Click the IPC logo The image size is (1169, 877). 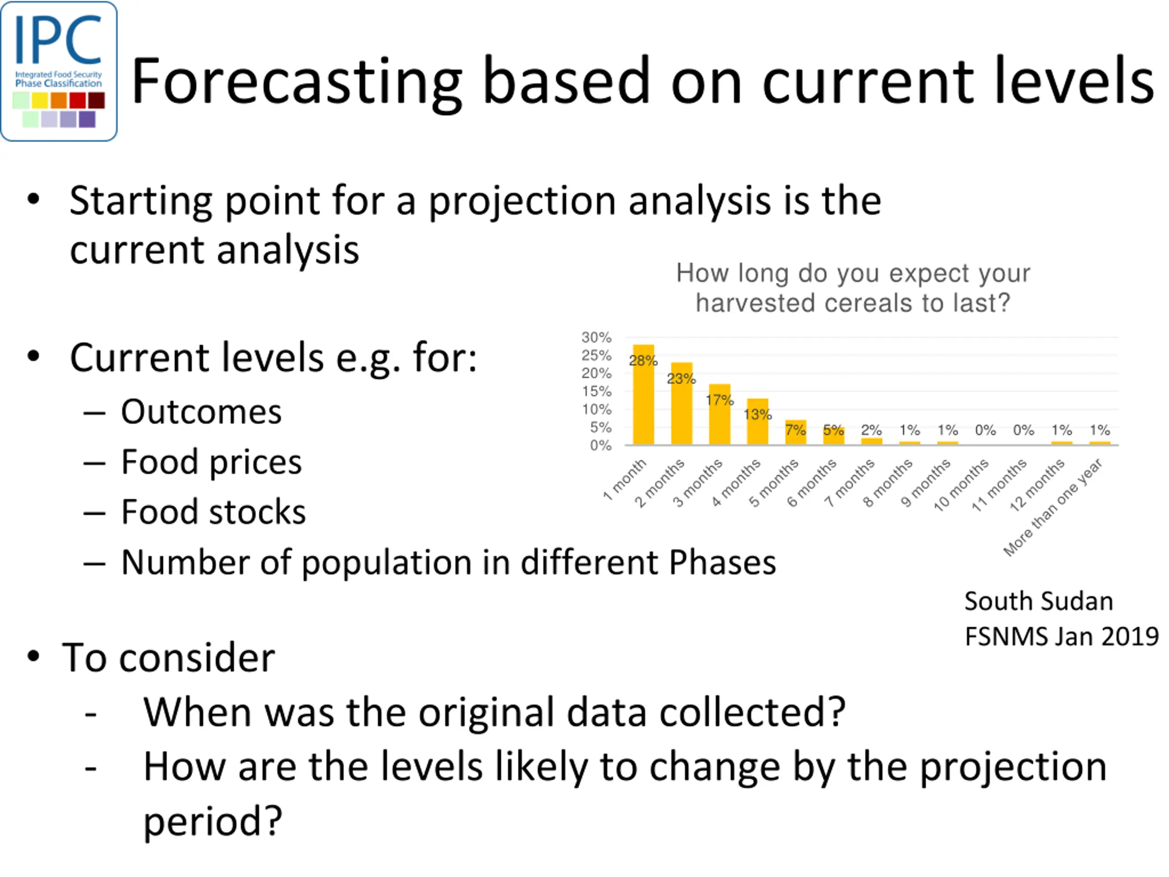click(x=58, y=71)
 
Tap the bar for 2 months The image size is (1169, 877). click(x=681, y=403)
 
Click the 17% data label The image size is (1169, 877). click(x=719, y=400)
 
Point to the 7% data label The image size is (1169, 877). click(x=795, y=430)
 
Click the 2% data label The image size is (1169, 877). click(x=871, y=430)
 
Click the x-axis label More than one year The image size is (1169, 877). click(x=1053, y=507)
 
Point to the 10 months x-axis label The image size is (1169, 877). click(x=961, y=485)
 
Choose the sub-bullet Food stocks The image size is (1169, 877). click(x=214, y=512)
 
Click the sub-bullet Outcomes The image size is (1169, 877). click(x=201, y=412)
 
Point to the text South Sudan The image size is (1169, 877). click(x=1038, y=601)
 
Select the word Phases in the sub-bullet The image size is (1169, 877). click(x=722, y=562)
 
